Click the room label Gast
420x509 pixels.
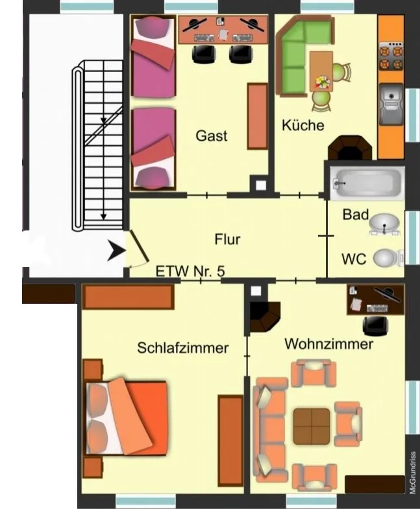[212, 136]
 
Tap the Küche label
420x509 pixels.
[303, 125]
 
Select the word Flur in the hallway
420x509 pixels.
[227, 239]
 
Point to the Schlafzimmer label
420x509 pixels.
[182, 348]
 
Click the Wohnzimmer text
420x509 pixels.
[328, 344]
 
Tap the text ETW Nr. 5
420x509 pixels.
[190, 271]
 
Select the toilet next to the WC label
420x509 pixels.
[388, 258]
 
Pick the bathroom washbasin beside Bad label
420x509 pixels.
[384, 224]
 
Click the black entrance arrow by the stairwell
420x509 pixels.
[116, 250]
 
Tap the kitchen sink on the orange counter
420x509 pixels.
[391, 104]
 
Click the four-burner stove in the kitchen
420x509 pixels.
[391, 56]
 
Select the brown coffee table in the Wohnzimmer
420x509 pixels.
[312, 426]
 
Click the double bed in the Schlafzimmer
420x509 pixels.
[127, 418]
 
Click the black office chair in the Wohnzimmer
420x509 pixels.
[375, 326]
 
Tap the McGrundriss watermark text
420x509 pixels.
[413, 473]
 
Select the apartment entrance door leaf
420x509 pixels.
[140, 246]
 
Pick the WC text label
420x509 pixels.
[354, 259]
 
